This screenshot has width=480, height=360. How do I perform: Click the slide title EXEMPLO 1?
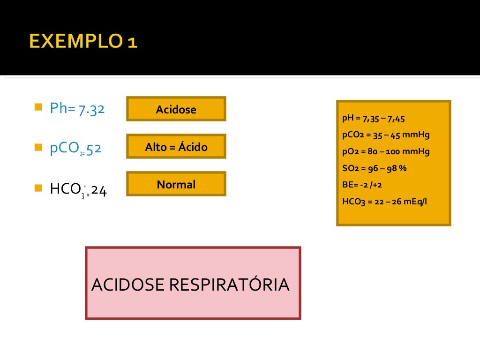83,41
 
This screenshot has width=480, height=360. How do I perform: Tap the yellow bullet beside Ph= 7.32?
38,107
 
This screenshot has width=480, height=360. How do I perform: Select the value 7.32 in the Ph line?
91,109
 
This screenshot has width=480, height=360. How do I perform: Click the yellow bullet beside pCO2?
38,147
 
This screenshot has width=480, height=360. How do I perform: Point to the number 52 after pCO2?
94,149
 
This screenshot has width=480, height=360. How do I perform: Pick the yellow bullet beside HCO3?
38,188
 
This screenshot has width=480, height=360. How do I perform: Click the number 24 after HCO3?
99,190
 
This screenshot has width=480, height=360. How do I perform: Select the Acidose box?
176,109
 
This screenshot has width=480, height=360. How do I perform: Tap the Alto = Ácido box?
176,147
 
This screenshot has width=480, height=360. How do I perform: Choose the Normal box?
176,184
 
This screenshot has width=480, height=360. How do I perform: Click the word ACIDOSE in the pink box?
128,285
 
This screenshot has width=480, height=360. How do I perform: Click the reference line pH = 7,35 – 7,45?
373,119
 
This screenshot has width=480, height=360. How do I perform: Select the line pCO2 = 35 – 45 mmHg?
386,135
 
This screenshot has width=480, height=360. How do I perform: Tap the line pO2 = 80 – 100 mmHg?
386,152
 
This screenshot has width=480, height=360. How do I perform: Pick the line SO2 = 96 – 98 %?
374,168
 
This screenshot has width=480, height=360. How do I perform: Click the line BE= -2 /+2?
362,185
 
